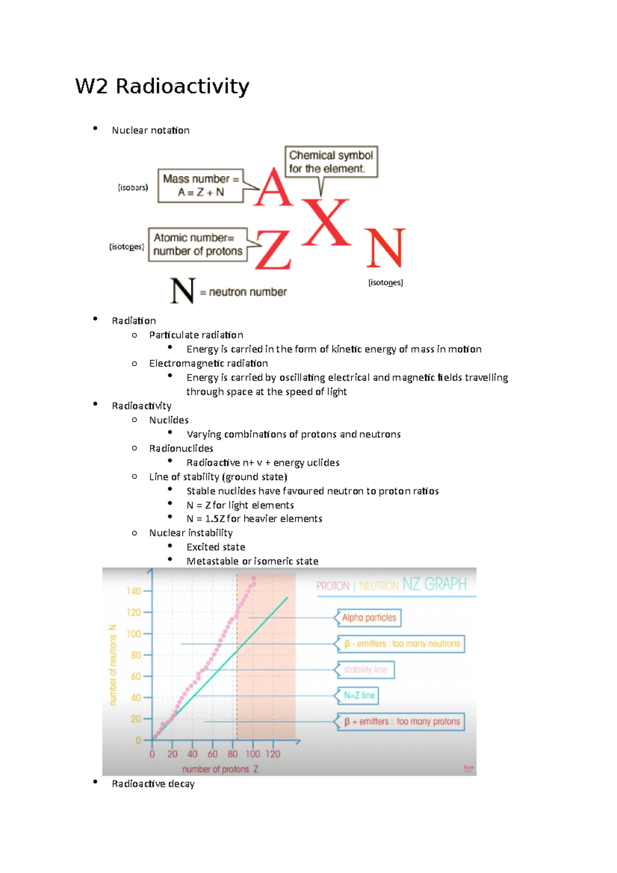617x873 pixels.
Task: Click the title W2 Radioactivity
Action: tap(162, 86)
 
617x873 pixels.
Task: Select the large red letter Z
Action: tap(273, 249)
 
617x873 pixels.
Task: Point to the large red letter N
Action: tap(386, 248)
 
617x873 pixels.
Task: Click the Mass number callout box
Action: tap(201, 186)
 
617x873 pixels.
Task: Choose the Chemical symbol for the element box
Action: tap(331, 162)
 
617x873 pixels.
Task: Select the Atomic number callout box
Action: tap(198, 245)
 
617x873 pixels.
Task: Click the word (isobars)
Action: tap(133, 188)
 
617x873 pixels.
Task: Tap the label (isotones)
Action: tap(386, 283)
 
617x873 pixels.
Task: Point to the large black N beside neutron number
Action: tap(183, 291)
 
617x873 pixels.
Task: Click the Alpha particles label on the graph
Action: tap(369, 617)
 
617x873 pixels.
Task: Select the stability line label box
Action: tap(366, 669)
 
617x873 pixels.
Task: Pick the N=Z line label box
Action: tap(359, 696)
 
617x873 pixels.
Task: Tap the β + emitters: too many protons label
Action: tap(402, 721)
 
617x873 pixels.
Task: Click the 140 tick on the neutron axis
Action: tap(134, 591)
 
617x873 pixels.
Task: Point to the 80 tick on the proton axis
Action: tap(232, 754)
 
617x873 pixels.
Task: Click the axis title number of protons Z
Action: tap(220, 769)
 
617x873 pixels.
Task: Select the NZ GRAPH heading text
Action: tap(434, 585)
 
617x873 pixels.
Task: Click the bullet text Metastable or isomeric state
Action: tap(252, 561)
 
